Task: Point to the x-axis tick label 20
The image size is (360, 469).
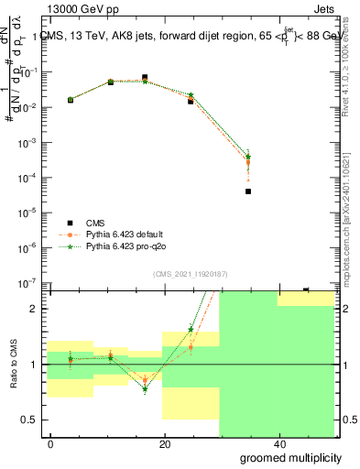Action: (x=164, y=443)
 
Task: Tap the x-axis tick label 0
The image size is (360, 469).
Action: (x=51, y=443)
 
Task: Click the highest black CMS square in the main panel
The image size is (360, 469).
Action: (x=145, y=78)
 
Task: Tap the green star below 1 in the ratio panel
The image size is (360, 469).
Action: (x=145, y=389)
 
